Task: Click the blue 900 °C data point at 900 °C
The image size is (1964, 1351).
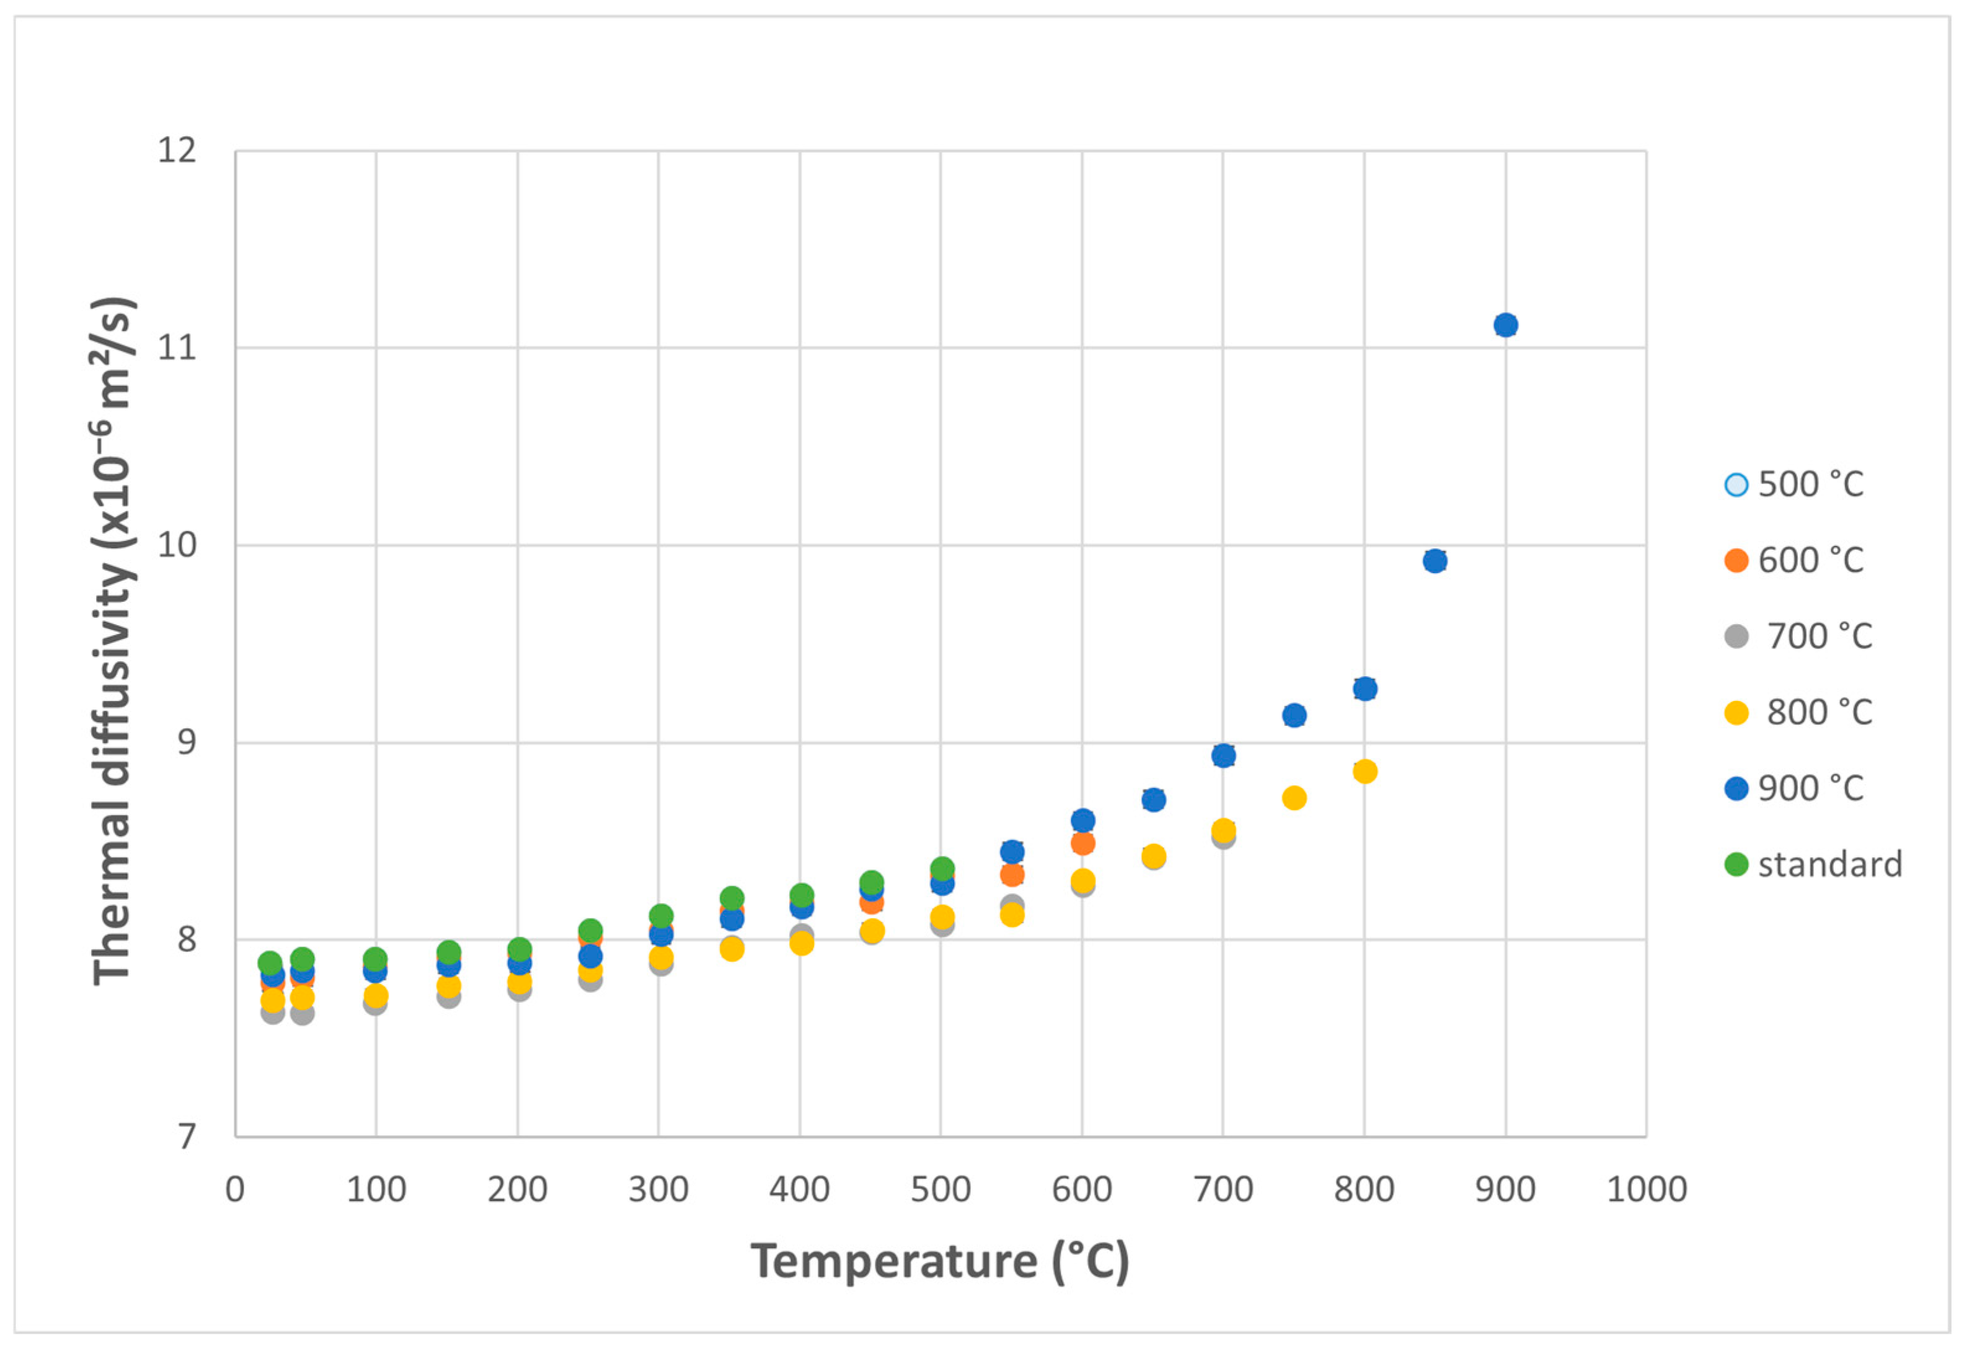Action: [1505, 325]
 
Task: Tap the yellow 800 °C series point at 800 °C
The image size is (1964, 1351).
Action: [1365, 771]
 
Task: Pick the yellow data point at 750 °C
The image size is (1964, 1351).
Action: [1294, 798]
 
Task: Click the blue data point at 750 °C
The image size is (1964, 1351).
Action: [1294, 715]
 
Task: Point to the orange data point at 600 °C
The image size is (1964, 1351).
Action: [1082, 842]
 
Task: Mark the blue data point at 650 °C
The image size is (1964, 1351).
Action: [1153, 799]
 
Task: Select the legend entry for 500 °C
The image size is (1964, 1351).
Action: [1794, 484]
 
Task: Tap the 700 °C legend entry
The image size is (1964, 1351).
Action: [1798, 636]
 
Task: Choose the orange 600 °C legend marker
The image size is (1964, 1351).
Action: [1736, 560]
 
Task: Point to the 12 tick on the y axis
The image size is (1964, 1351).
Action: [177, 151]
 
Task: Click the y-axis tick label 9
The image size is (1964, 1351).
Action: [186, 742]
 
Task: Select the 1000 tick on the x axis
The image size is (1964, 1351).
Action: [1647, 1189]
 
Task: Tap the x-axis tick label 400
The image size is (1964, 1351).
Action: [799, 1189]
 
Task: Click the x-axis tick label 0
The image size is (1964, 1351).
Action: [236, 1189]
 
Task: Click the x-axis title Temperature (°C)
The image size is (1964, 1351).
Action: [940, 1261]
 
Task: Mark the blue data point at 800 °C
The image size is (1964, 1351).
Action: [1365, 688]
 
